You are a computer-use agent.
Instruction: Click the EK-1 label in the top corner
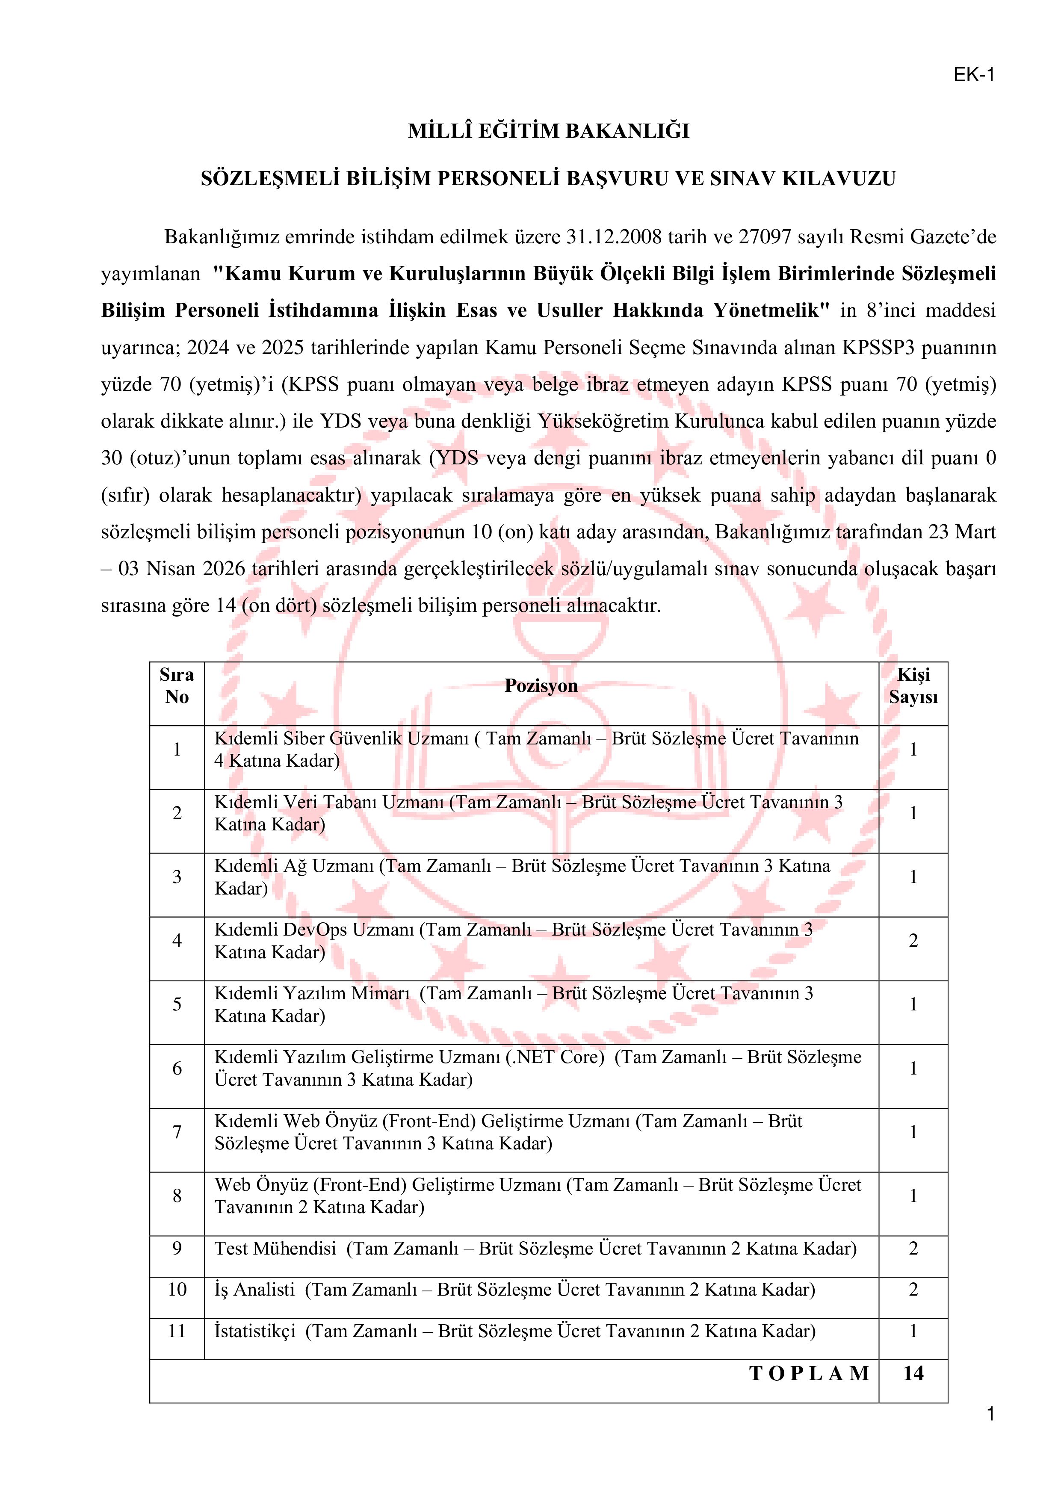(x=973, y=75)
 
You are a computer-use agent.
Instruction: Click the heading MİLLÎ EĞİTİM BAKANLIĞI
(x=549, y=131)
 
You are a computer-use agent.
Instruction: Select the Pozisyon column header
(x=541, y=686)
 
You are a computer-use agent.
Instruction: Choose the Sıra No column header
(x=176, y=686)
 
